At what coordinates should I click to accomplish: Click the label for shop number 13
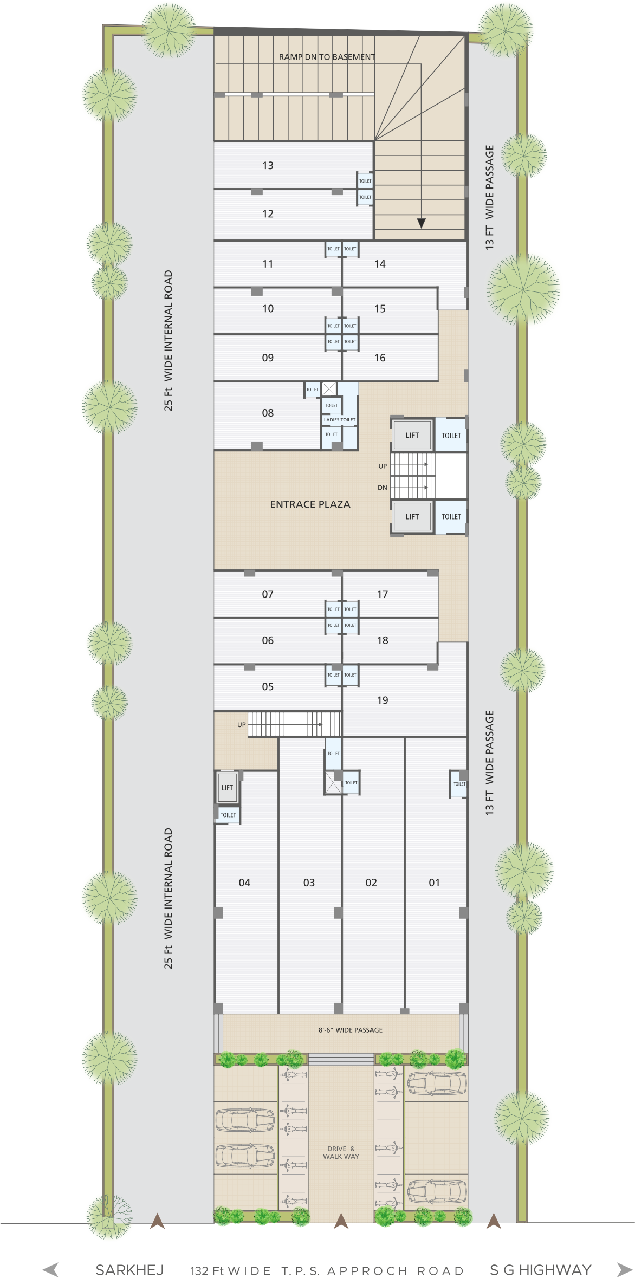268,166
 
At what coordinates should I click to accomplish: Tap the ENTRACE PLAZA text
310,504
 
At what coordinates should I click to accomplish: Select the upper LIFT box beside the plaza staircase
412,435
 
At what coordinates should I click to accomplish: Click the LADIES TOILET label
340,420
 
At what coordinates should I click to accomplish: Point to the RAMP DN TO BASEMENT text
327,57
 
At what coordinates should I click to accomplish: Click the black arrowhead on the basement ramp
421,223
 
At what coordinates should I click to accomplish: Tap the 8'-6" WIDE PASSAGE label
351,1030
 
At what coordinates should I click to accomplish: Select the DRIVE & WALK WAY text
341,1152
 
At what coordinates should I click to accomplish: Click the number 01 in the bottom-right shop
435,883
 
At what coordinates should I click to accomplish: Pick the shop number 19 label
383,700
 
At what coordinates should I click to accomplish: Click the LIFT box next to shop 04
227,788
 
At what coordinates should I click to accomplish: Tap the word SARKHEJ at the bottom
129,1270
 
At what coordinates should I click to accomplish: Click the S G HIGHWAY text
540,1270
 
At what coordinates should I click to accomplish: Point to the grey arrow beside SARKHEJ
50,1270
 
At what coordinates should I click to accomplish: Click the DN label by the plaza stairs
383,488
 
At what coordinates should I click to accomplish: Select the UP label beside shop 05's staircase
242,725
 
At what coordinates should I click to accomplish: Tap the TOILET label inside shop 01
459,784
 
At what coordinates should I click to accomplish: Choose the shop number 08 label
268,413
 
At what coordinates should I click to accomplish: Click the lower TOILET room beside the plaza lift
451,517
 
